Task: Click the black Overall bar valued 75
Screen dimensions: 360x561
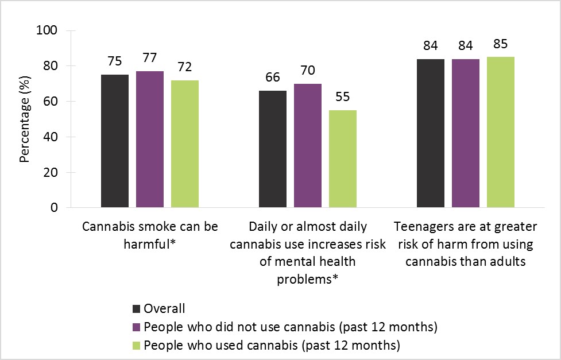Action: [115, 141]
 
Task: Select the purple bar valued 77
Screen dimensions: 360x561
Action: [150, 139]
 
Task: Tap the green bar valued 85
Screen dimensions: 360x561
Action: [501, 132]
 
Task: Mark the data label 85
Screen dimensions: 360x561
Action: [501, 45]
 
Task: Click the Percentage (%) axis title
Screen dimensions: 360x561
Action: [25, 119]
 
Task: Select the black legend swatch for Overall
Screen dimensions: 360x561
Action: [137, 309]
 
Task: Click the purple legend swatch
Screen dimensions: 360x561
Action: [137, 327]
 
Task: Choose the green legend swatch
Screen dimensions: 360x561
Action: [137, 346]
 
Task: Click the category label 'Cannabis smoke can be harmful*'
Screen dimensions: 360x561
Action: [150, 235]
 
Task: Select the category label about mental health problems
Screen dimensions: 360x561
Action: [308, 253]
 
